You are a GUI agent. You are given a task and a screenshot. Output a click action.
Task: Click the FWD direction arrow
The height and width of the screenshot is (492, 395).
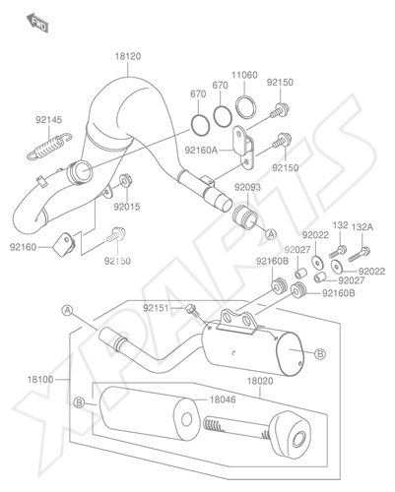tap(37, 23)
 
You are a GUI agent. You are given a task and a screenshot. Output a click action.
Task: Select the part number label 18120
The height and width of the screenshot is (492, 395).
tap(128, 56)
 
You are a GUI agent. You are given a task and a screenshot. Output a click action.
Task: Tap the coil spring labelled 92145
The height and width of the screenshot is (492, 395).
tap(48, 147)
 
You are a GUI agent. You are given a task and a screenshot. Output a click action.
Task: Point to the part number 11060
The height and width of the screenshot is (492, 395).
tap(244, 76)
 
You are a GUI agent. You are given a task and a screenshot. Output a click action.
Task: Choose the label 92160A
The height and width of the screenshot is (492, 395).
tap(201, 151)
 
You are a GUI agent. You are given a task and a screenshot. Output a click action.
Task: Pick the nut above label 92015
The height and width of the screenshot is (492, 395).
tap(125, 180)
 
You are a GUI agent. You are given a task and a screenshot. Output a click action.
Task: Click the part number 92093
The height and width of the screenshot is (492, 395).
tap(247, 187)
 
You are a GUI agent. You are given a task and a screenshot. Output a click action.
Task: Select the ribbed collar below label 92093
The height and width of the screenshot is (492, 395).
tap(245, 216)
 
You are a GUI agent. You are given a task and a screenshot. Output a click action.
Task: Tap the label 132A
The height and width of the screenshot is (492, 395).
tap(362, 227)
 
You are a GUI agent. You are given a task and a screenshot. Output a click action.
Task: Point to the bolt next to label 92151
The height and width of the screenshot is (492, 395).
tap(192, 310)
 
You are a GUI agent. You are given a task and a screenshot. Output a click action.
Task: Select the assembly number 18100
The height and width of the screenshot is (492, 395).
tap(40, 380)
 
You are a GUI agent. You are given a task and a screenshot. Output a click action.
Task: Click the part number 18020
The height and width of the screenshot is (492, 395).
tap(260, 381)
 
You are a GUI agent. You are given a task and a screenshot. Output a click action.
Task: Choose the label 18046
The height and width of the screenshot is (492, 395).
tap(223, 400)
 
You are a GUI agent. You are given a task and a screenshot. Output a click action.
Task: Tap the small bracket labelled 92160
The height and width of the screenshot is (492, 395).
tap(64, 245)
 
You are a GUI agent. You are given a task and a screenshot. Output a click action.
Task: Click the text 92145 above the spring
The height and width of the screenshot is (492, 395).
tap(48, 120)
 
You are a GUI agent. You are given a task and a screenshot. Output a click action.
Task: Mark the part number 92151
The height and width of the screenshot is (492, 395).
tap(156, 308)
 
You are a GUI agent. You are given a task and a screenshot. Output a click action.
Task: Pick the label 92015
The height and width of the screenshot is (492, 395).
tap(127, 207)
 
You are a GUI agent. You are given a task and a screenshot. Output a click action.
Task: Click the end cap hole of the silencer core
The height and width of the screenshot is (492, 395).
tap(299, 439)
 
